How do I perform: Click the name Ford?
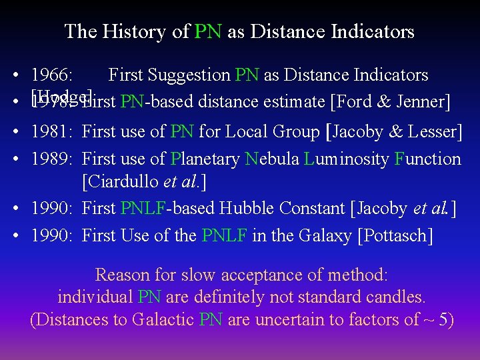[x=354, y=102]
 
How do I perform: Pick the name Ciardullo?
[x=123, y=181]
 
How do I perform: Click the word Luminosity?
[x=354, y=159]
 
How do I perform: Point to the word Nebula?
[x=272, y=159]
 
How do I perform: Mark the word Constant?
[x=310, y=208]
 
